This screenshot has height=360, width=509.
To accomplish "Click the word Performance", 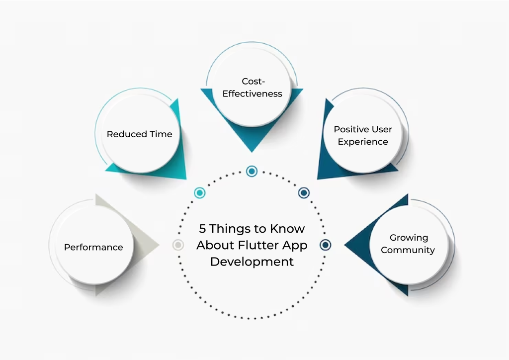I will (93, 247).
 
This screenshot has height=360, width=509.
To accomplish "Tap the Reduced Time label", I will (140, 134).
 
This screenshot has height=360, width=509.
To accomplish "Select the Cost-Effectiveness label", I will (252, 87).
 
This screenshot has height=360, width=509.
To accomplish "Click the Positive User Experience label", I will (363, 135).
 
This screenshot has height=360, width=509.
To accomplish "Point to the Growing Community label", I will (408, 244).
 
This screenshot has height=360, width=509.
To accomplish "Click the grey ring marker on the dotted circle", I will (178, 245).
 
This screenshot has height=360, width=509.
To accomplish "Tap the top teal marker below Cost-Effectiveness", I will (252, 171).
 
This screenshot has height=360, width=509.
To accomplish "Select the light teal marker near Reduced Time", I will (200, 193).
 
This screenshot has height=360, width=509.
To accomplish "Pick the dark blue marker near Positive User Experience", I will (304, 193).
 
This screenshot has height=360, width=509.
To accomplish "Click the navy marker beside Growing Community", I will (325, 245).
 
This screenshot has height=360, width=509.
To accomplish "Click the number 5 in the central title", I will (202, 229).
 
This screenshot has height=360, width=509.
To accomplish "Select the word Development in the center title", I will (252, 262).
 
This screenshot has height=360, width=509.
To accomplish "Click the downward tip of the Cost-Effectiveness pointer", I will (252, 150).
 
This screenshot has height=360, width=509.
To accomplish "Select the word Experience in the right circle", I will (363, 142).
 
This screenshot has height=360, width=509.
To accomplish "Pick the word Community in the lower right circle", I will (408, 250).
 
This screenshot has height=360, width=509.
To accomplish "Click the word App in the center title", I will (297, 245).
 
